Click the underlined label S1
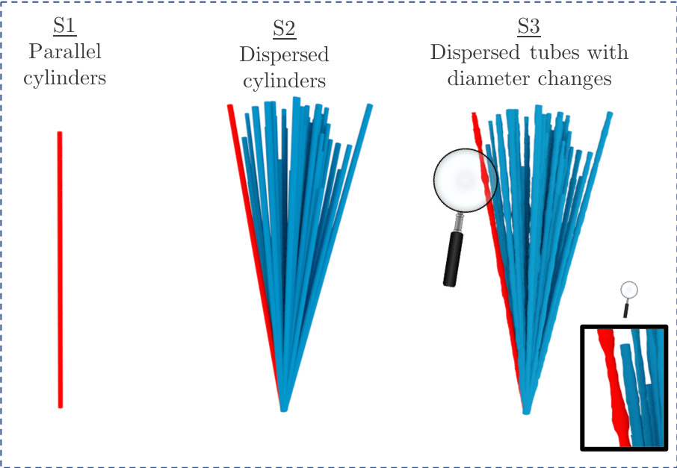tap(64, 27)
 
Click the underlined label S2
tap(284, 30)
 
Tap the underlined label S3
tap(528, 28)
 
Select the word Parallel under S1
tap(64, 52)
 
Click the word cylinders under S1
tap(64, 78)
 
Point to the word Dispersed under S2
tap(284, 55)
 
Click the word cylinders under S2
tap(284, 81)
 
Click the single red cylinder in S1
tap(60, 269)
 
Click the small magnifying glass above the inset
tap(629, 291)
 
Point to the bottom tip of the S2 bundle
tap(284, 409)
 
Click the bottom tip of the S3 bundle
tap(526, 411)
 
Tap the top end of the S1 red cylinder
tap(60, 134)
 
